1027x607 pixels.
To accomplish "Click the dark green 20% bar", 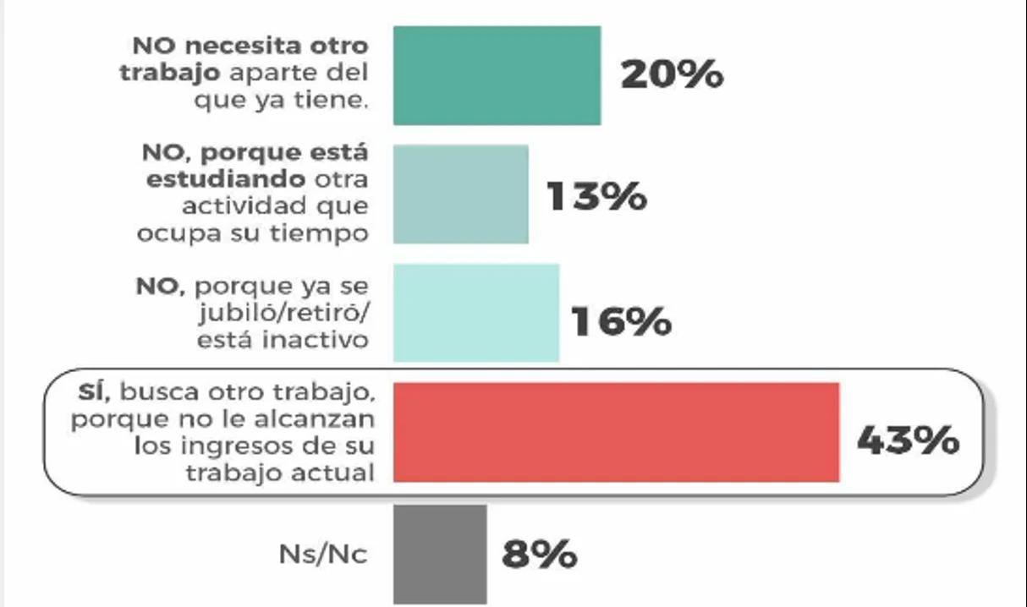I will coord(497,75).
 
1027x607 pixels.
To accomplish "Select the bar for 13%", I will coord(460,194).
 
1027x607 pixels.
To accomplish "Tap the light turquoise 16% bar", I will coord(475,313).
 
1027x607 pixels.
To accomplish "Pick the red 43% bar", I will coord(616,432).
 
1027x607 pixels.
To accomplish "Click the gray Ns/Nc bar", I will coord(440,554).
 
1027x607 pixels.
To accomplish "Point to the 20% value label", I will coord(672,75).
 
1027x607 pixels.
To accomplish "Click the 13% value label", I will coord(596,196).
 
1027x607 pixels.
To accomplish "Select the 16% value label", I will coord(621,321).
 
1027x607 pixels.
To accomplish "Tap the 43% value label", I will coord(908,440).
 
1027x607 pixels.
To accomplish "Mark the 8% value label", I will coord(539,555).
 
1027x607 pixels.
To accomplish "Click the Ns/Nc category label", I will coord(323,555).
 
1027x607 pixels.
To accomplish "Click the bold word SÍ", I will coord(94,392).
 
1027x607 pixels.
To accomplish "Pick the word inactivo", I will coord(322,341).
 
